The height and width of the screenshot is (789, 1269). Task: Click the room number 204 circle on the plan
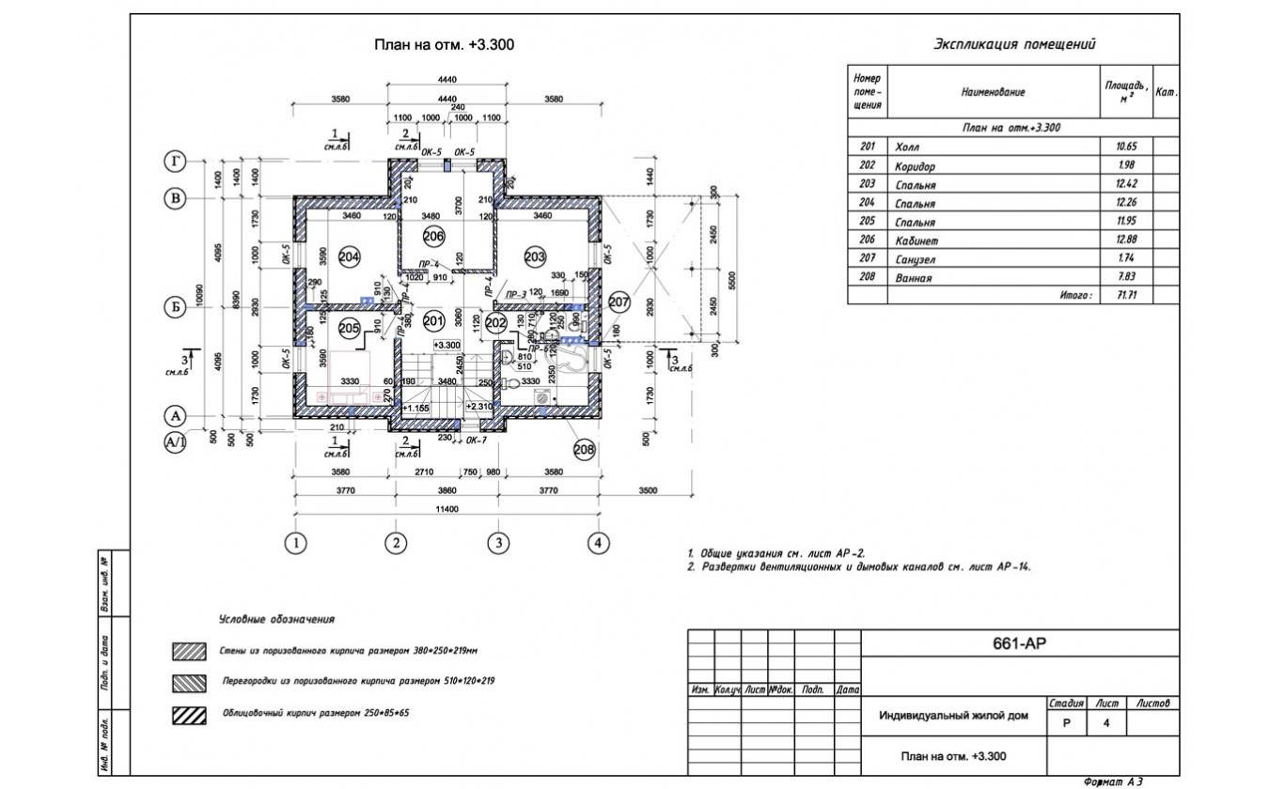350,256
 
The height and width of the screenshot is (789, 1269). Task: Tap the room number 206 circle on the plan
433,235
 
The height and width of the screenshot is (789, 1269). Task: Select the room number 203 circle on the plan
535,256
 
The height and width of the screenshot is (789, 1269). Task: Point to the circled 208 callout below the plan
584,450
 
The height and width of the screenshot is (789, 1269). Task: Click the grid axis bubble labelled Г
174,162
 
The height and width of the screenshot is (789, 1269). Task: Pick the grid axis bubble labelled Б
174,306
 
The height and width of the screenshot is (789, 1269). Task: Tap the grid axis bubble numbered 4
598,542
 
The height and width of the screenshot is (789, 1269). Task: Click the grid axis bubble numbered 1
295,542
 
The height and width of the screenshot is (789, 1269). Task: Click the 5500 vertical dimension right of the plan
732,279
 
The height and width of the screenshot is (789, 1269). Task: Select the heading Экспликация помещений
1014,44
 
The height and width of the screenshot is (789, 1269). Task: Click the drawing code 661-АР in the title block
1019,644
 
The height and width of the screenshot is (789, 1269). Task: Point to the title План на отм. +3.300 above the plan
445,45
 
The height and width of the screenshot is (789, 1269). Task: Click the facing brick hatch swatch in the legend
189,714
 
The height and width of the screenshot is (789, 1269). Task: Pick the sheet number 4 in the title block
1106,723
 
